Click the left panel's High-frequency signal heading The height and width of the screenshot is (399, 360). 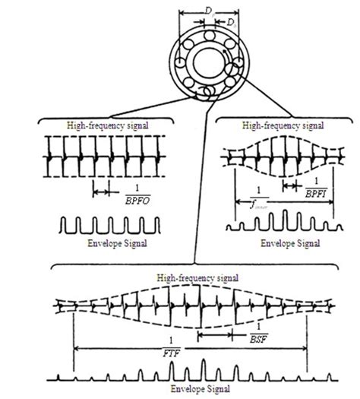coord(101,122)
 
